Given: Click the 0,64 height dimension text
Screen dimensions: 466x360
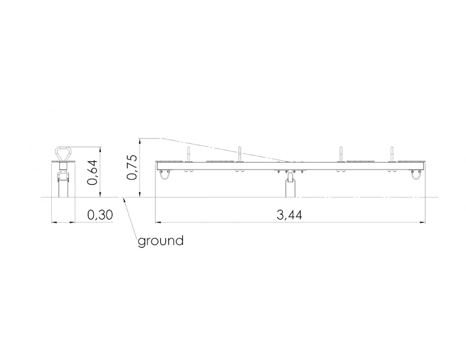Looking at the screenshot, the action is (x=93, y=172).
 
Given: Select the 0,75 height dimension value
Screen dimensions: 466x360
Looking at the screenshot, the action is (x=132, y=167).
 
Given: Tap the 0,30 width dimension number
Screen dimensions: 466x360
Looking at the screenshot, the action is (x=100, y=214).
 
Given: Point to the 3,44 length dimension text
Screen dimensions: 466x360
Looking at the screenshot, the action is (x=289, y=214).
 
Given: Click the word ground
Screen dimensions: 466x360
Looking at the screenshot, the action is (x=161, y=241).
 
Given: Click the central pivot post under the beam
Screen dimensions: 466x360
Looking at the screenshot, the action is (x=290, y=185).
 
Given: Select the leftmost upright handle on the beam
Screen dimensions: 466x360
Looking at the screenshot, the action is (x=188, y=154).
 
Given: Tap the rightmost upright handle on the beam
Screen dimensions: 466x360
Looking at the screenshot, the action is (x=392, y=154).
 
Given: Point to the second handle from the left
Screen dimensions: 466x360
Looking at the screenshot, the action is (x=239, y=154).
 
